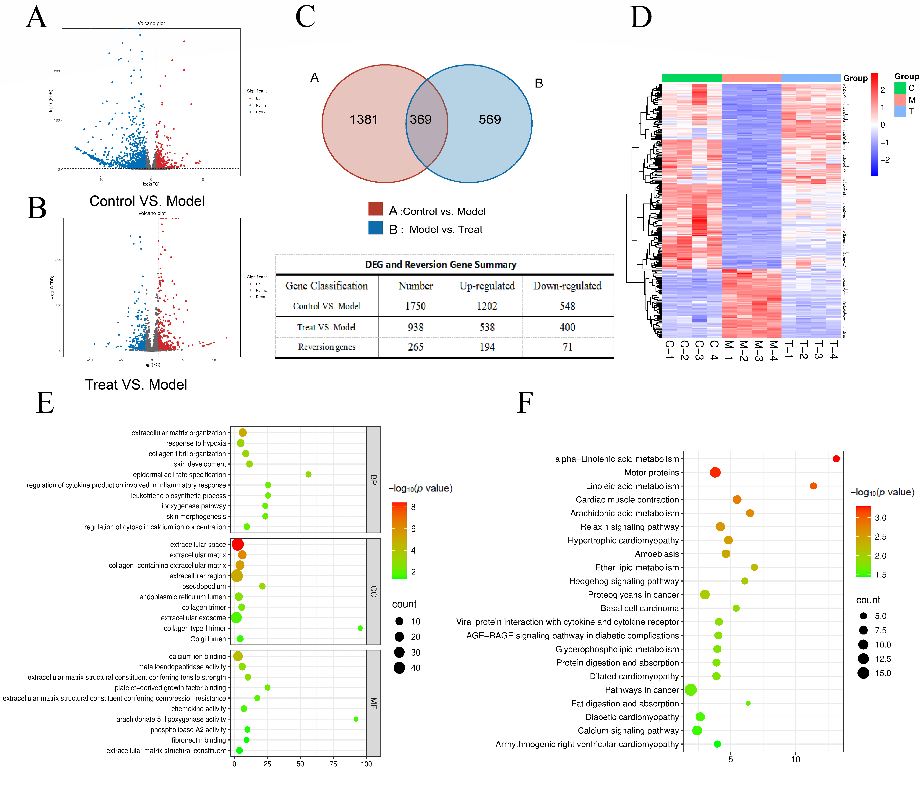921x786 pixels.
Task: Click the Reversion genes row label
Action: (x=327, y=347)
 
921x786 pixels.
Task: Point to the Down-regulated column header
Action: (x=567, y=286)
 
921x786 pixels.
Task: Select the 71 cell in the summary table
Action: (x=567, y=347)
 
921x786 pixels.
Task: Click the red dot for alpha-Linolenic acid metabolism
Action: (x=836, y=458)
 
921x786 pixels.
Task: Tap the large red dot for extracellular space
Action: (x=237, y=544)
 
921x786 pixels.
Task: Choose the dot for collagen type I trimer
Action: (x=360, y=628)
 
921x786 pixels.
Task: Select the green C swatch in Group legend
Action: (x=900, y=88)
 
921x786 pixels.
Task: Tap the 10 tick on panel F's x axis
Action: (x=795, y=759)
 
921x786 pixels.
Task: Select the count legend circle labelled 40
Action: (x=399, y=668)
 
